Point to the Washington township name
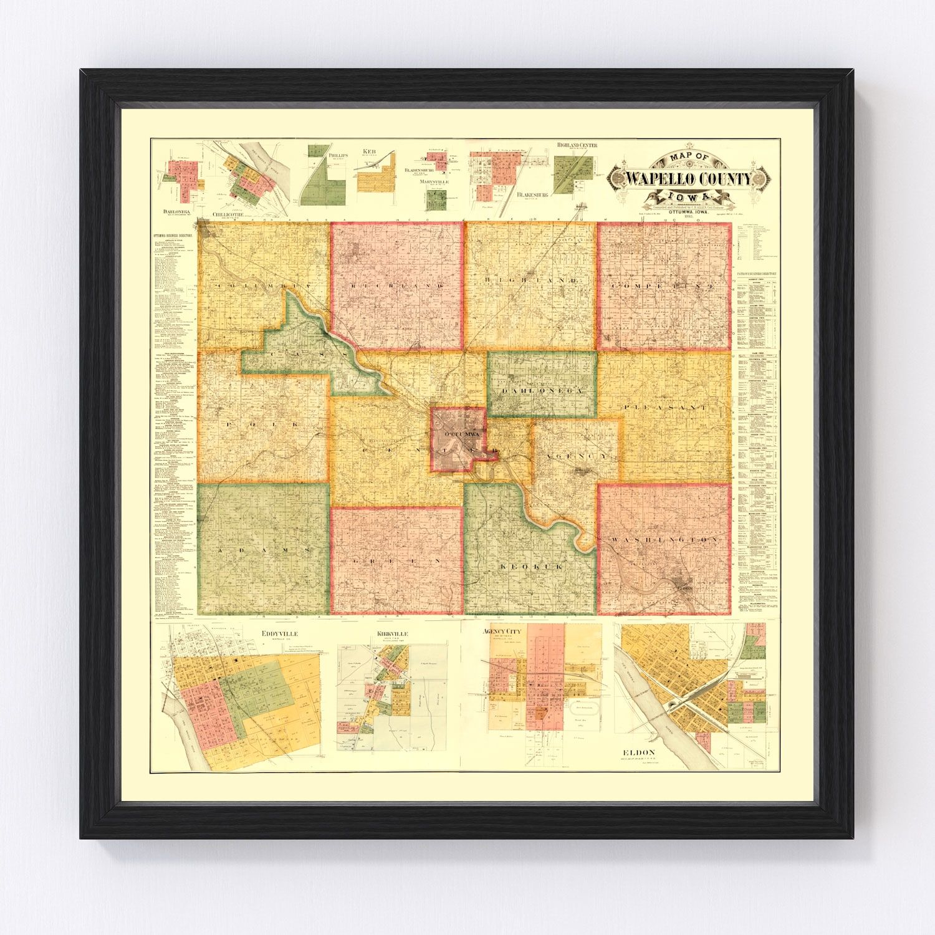pos(664,539)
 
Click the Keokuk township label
pos(531,567)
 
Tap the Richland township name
pos(396,285)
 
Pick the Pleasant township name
pos(664,406)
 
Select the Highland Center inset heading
pos(577,145)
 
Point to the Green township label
pos(396,561)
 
